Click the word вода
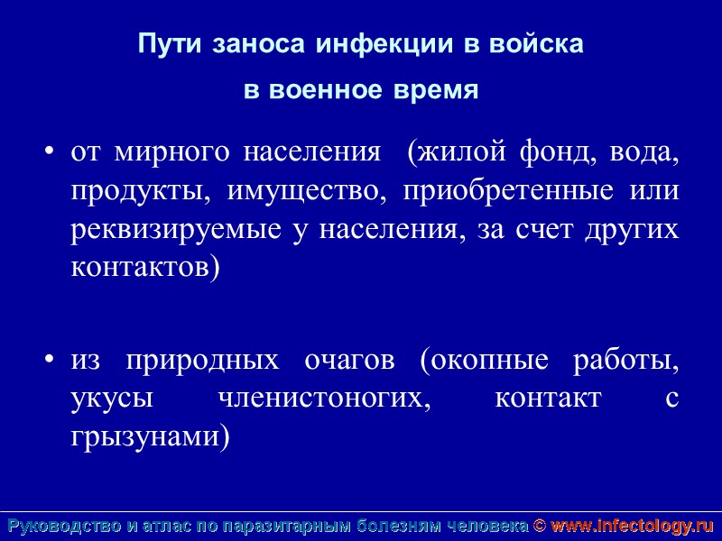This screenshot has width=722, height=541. pyautogui.click(x=643, y=152)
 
